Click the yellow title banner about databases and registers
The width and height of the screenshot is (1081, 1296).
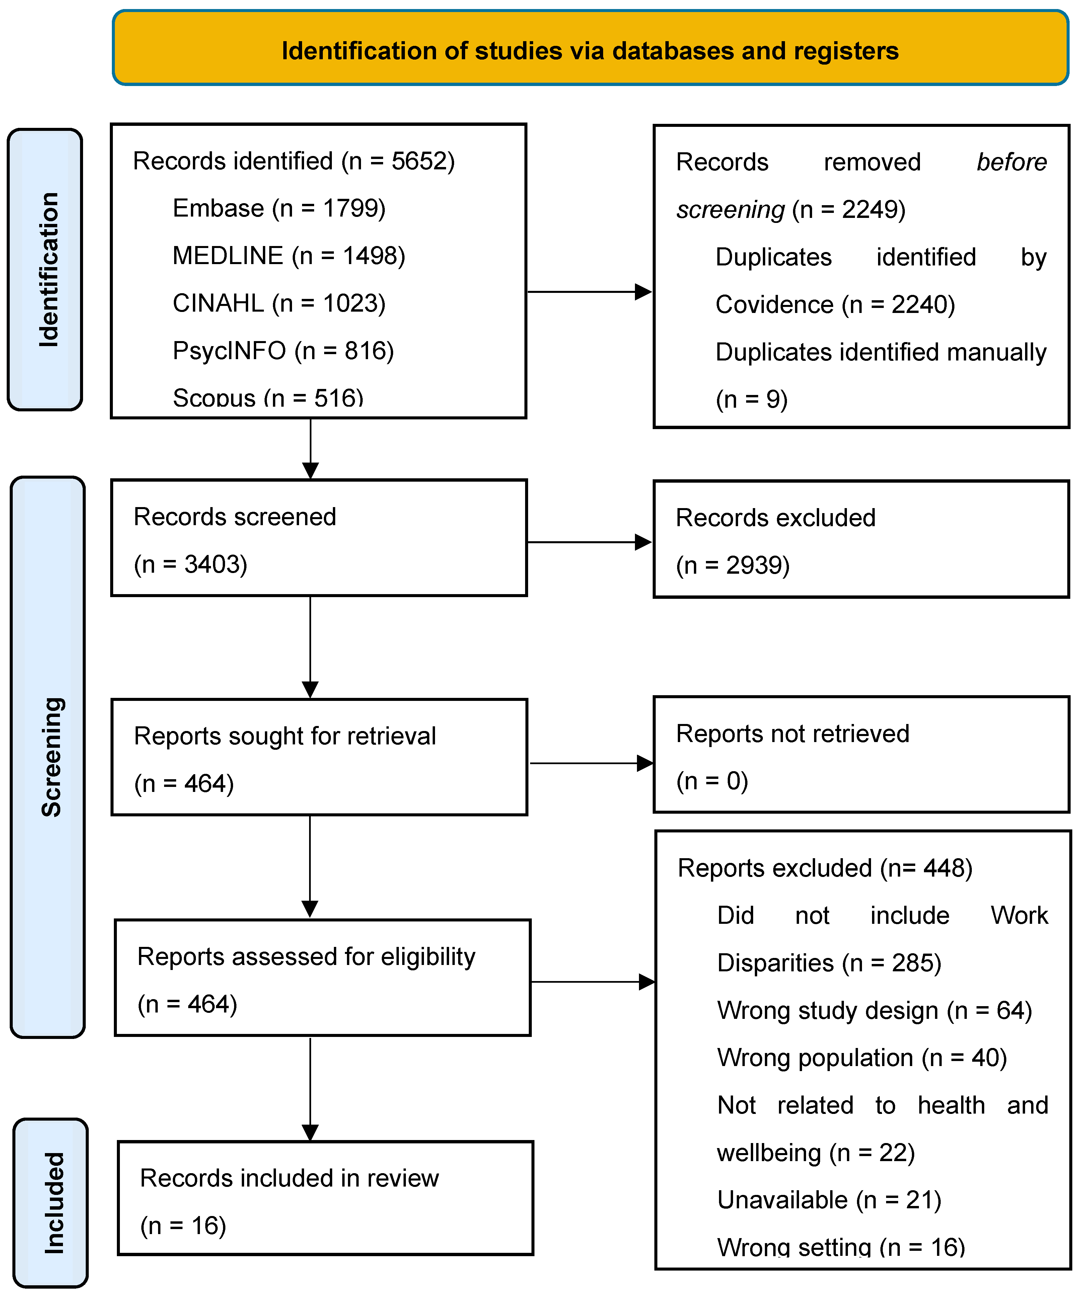(590, 50)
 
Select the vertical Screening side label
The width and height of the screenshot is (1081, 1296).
(51, 757)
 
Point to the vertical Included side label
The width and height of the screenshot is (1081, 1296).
(53, 1203)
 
